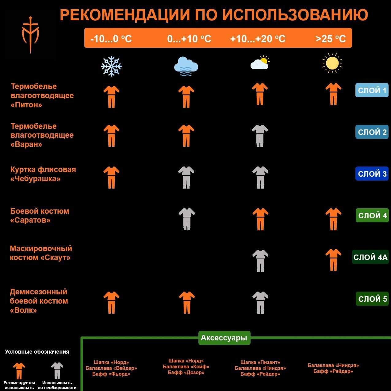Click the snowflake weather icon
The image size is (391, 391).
(111, 66)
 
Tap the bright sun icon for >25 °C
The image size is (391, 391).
(332, 63)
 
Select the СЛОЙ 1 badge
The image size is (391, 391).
(372, 90)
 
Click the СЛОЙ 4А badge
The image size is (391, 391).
(370, 257)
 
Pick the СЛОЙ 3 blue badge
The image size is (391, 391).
(372, 174)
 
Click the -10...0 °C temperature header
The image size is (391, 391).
(111, 39)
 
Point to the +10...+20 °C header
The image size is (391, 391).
(258, 39)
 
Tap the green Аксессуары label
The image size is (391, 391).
(224, 338)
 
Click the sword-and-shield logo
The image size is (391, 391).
(30, 35)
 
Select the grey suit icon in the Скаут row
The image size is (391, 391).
(260, 261)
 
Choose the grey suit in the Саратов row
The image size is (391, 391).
(187, 219)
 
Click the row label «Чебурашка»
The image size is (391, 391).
(35, 179)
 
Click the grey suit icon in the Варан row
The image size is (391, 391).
(260, 136)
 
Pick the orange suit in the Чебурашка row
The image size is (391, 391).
(111, 177)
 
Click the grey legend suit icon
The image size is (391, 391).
(57, 370)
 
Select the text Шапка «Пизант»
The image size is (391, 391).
(260, 362)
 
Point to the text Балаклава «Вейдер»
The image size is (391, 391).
(111, 368)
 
